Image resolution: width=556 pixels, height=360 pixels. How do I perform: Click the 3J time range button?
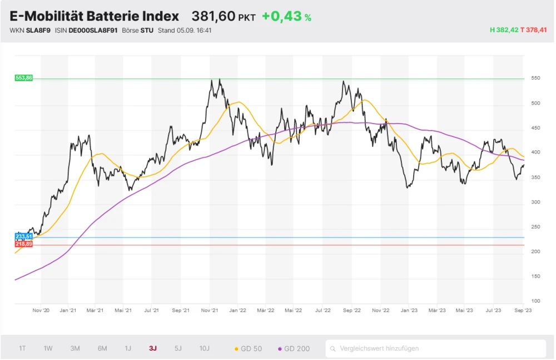[152, 348]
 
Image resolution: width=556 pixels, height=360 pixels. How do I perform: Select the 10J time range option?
[205, 348]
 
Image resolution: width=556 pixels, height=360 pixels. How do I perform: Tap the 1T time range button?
[22, 348]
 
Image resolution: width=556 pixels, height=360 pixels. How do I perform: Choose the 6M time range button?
[102, 348]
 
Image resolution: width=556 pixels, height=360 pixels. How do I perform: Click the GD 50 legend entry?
[249, 349]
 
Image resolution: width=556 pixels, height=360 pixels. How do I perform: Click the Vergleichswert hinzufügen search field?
[435, 349]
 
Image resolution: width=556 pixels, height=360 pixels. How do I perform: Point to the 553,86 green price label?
[24, 78]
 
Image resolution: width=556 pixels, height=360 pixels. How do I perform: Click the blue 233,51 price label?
[24, 237]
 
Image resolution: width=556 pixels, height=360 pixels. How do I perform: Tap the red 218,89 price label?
[24, 245]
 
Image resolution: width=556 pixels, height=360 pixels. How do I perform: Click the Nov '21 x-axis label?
[210, 310]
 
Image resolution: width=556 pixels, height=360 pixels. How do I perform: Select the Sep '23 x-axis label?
[523, 310]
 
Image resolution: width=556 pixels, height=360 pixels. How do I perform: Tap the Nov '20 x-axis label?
[42, 310]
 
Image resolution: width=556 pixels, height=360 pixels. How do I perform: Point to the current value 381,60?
[214, 17]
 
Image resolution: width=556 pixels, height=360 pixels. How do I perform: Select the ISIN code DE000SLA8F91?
[93, 30]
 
